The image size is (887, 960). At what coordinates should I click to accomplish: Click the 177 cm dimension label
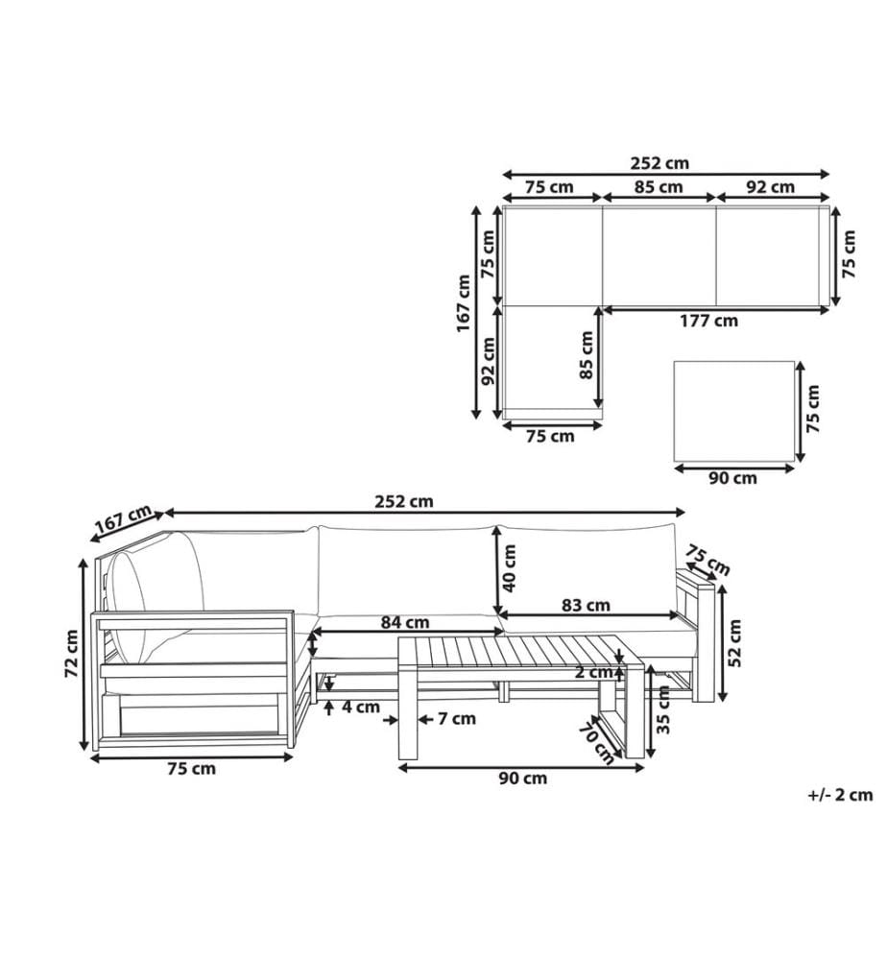click(708, 321)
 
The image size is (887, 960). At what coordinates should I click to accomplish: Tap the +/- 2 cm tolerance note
click(840, 795)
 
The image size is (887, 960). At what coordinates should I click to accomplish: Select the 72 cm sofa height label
click(72, 653)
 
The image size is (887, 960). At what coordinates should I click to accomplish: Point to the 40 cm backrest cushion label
click(510, 568)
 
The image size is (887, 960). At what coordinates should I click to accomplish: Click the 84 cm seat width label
click(405, 622)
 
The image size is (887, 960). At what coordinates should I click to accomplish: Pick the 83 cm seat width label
click(586, 605)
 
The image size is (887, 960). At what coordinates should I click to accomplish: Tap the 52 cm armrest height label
click(735, 643)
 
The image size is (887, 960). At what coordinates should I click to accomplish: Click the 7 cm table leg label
click(457, 718)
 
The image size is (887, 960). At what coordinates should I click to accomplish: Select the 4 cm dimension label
click(361, 708)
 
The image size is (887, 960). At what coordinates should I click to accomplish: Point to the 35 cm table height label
click(663, 709)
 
